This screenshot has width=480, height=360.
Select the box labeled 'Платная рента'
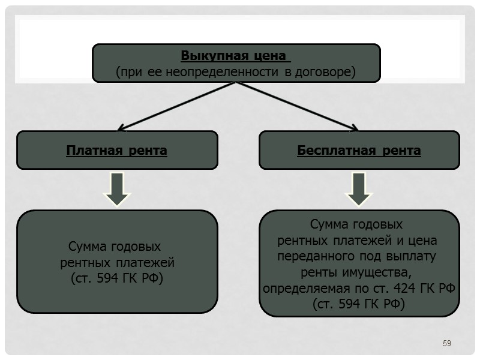(x=117, y=150)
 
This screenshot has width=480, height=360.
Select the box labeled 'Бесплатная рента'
(x=359, y=150)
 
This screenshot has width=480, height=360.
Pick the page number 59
(x=446, y=343)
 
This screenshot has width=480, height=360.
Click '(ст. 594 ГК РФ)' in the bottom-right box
(x=359, y=305)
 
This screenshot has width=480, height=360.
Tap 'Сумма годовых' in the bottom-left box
(x=115, y=247)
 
